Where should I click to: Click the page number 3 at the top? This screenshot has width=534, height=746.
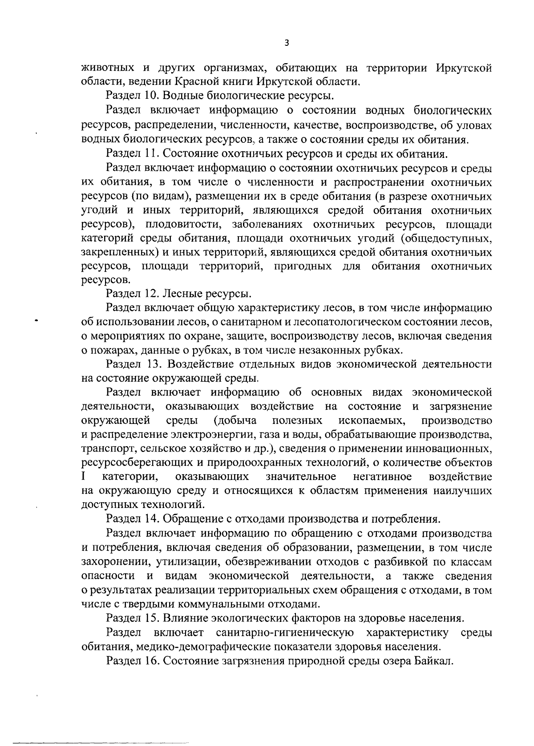(287, 43)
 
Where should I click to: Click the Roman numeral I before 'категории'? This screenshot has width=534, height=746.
(84, 477)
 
